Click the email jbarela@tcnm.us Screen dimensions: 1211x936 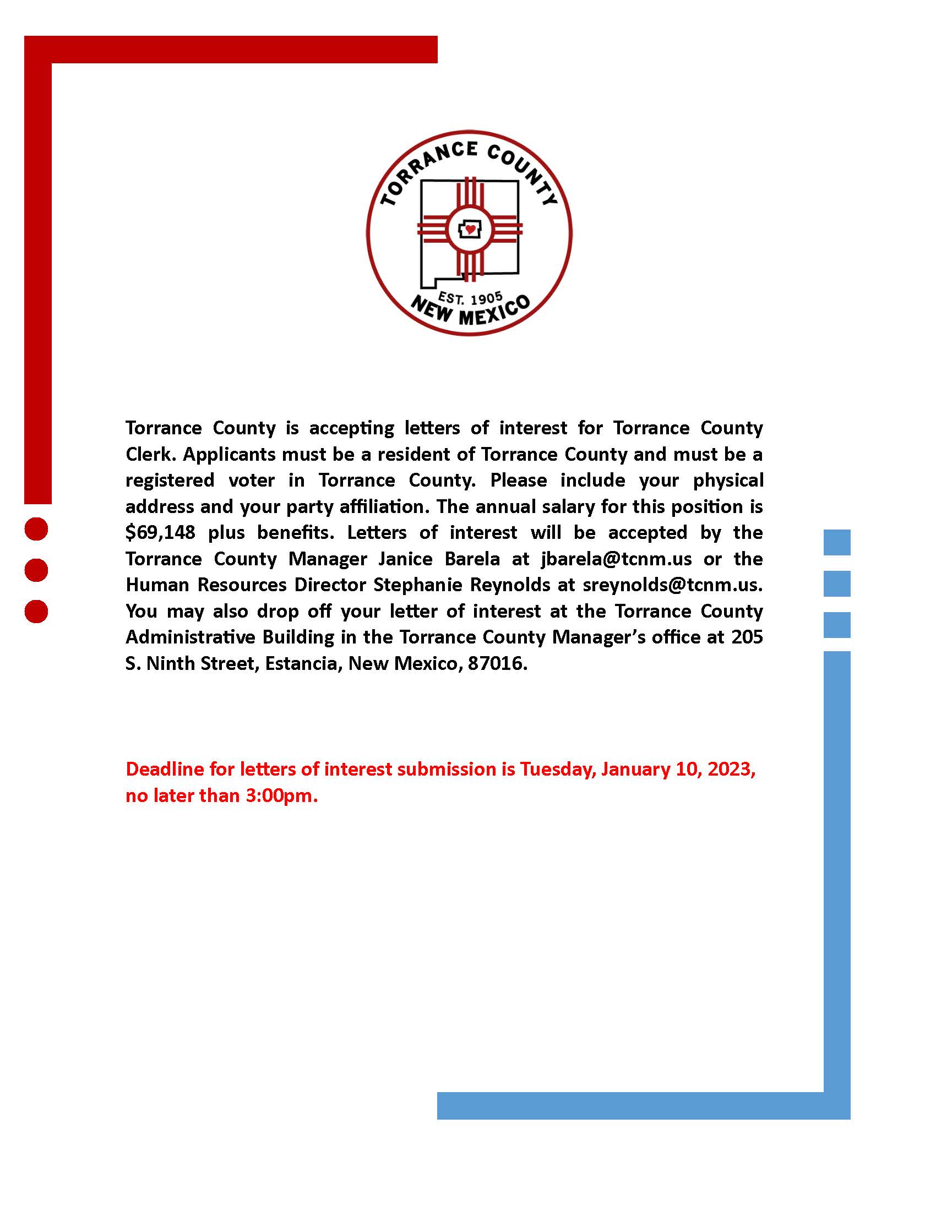[x=616, y=559]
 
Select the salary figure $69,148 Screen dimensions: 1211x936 [x=160, y=533]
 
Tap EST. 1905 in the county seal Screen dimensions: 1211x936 [x=470, y=299]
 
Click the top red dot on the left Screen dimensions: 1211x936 [x=36, y=528]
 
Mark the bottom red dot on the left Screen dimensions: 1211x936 [x=36, y=612]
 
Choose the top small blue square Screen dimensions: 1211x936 [x=837, y=542]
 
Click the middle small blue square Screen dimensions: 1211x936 [x=837, y=584]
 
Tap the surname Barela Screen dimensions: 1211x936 [x=472, y=559]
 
